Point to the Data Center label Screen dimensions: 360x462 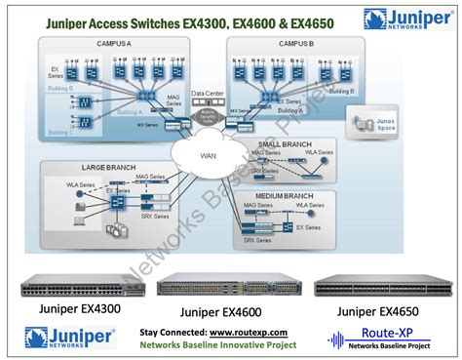[209, 94]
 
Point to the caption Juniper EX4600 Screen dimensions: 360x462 [229, 312]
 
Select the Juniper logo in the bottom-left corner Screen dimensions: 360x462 [69, 339]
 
